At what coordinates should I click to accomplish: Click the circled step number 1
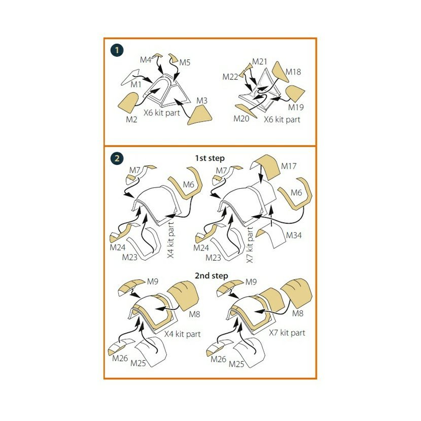coord(117,50)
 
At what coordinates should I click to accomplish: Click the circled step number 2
coord(117,158)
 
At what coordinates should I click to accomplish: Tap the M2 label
coord(131,120)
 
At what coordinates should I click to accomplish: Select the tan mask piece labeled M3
coord(200,115)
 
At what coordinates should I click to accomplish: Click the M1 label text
coord(136,84)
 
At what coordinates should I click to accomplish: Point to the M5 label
coord(185,62)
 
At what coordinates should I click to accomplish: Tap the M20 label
coord(241,118)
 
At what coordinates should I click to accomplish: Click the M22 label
coord(230,77)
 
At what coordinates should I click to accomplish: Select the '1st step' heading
coord(209,158)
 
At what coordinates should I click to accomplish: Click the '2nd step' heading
coord(212,276)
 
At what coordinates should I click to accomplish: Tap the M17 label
coord(289,166)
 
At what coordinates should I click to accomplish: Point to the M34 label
coord(294,235)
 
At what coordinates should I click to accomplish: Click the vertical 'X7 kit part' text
coord(250,244)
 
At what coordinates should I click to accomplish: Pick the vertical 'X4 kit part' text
coord(171,240)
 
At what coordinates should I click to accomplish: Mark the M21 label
coord(260,62)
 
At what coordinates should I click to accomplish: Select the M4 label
coord(146,60)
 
